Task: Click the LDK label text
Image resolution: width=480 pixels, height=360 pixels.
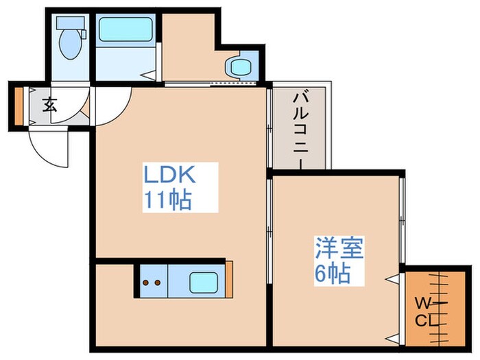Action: (169, 175)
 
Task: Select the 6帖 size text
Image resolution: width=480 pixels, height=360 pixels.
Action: (333, 274)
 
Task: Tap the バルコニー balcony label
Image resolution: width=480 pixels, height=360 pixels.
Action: (299, 128)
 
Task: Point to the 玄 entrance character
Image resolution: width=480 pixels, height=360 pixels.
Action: (49, 105)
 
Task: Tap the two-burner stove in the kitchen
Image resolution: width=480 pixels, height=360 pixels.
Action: (151, 282)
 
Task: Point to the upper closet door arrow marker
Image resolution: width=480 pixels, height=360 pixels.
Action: (393, 279)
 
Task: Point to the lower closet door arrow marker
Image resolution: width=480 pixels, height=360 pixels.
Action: (393, 337)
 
